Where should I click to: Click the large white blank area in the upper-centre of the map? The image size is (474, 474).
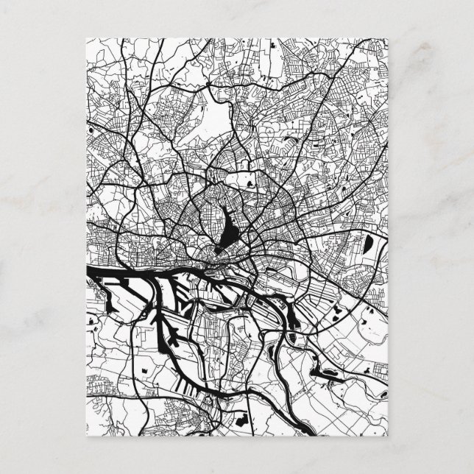(x=218, y=118)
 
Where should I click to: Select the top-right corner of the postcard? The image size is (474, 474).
(x=390, y=36)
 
